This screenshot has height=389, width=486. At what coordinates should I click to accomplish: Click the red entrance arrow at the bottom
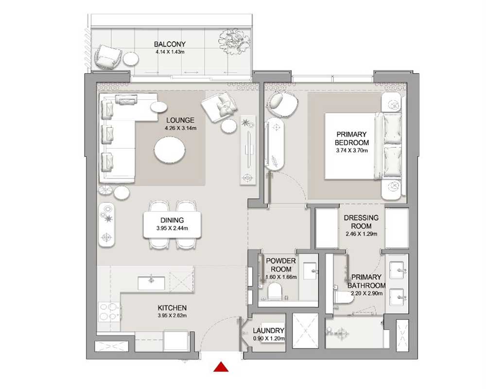coord(221,367)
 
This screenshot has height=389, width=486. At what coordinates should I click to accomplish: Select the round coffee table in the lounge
coord(170,150)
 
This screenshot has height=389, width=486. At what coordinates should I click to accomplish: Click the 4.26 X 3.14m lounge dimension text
coord(179,128)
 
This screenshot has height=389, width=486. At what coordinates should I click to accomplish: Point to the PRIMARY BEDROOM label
coord(351,139)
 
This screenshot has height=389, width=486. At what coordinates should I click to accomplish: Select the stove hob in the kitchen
coord(109,311)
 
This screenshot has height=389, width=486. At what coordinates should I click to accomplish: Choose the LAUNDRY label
coord(269,331)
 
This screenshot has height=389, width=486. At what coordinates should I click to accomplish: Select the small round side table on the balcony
coord(130,59)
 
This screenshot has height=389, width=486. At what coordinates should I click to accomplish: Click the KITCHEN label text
coord(172,308)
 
